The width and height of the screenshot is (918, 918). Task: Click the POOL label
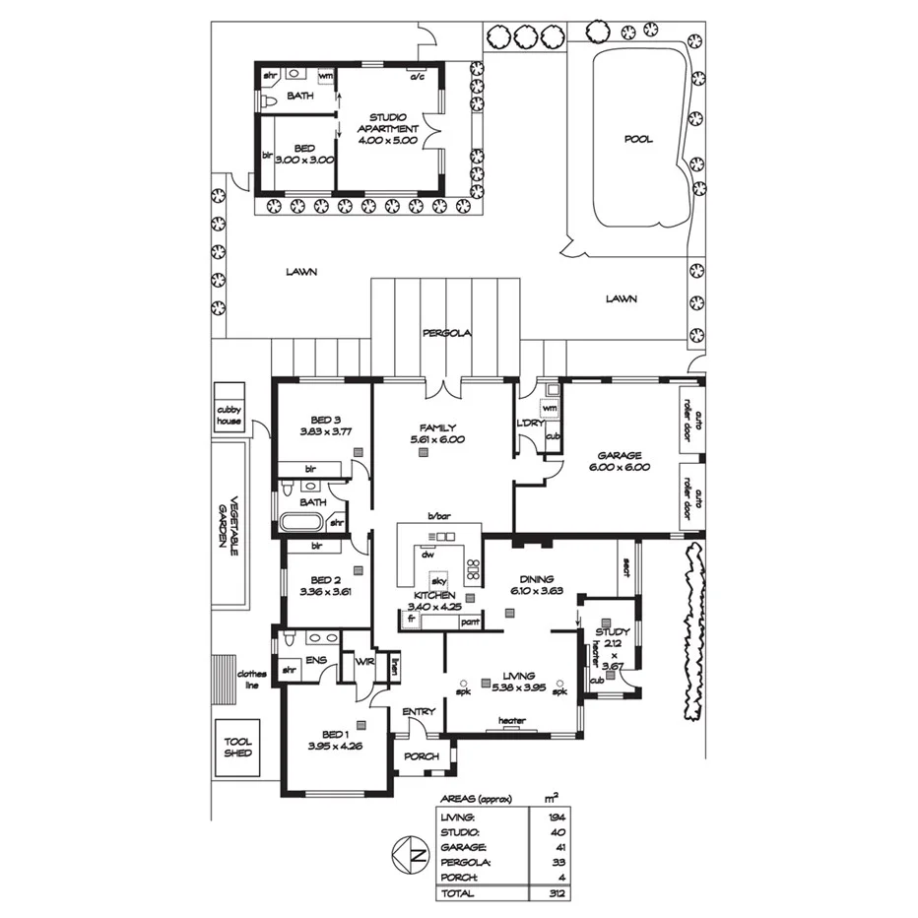click(637, 139)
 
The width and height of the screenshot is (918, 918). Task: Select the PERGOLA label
click(447, 333)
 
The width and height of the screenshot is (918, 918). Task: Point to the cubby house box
click(229, 415)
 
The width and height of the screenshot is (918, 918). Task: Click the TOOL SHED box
click(237, 748)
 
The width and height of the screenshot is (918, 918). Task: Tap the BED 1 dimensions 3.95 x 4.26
click(335, 747)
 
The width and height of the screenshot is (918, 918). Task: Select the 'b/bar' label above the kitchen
click(438, 515)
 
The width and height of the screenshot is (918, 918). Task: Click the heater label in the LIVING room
click(511, 721)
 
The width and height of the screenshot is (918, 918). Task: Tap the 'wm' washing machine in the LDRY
click(550, 407)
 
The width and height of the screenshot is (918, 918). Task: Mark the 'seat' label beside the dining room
click(625, 563)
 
